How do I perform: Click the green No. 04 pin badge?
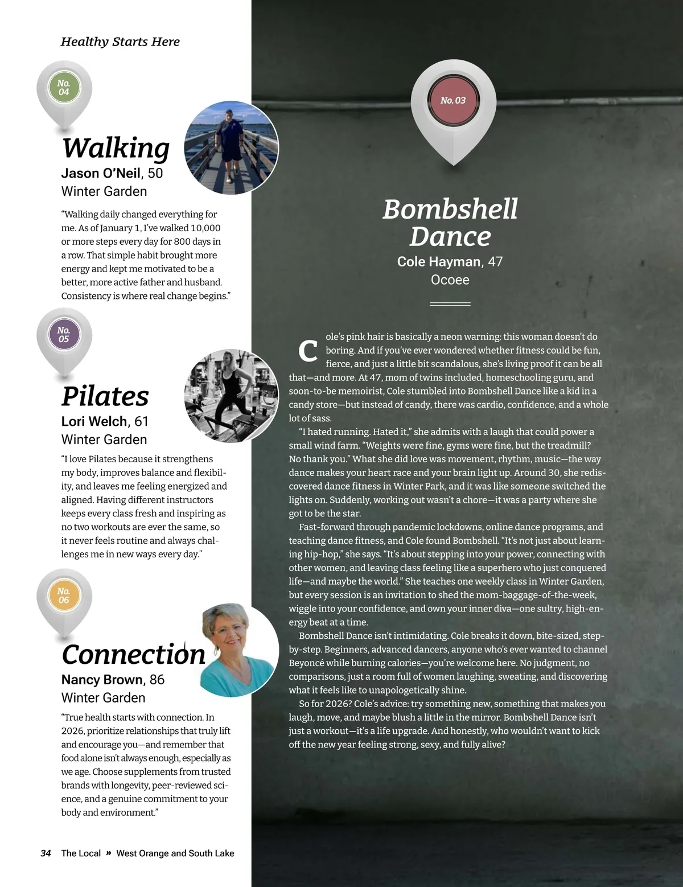64,88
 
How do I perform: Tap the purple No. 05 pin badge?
64,335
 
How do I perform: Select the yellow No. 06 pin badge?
64,596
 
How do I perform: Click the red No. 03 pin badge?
452,101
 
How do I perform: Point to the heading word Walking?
116,148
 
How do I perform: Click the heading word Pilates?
105,396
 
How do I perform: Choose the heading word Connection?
133,654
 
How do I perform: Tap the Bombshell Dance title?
450,223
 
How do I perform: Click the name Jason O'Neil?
101,173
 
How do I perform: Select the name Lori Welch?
94,421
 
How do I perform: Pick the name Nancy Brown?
102,680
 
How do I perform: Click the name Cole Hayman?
439,262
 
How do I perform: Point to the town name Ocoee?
450,280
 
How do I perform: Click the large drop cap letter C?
307,350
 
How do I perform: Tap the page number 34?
46,853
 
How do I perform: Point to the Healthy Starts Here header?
120,42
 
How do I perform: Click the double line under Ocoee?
450,304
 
